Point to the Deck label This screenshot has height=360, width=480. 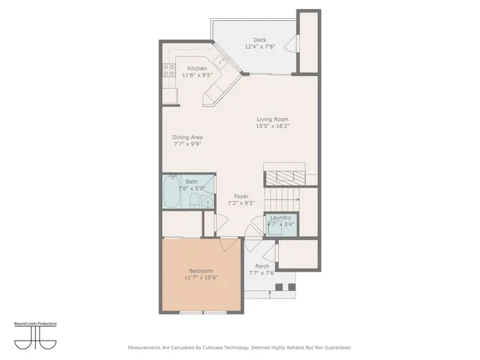pos(259,40)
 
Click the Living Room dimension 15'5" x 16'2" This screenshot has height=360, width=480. pos(272,126)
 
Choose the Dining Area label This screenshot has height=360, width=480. pos(187,137)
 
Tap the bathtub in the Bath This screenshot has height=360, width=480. pos(171,194)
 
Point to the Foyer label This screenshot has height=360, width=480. pos(241,196)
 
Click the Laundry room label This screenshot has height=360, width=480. pos(280,217)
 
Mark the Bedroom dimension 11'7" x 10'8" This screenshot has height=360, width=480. pos(200,277)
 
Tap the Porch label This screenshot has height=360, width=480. pos(262,266)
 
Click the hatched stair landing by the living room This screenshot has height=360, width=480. pos(286,178)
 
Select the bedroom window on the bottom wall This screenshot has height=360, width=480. pos(200,311)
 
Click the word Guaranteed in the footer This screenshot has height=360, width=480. pos(335,347)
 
